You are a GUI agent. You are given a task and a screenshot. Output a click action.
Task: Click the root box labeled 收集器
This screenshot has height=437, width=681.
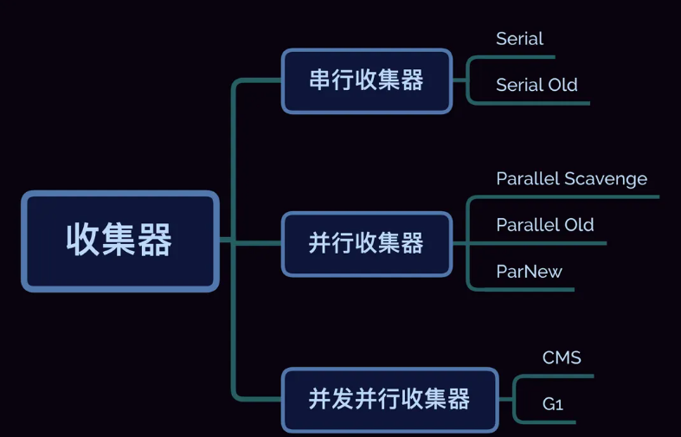click(119, 241)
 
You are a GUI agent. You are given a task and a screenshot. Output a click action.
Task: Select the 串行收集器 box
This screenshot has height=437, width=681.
click(366, 80)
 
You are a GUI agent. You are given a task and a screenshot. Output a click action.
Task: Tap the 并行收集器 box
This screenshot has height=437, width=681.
click(366, 243)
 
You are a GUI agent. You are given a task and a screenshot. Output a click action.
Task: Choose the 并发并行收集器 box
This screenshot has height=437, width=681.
click(389, 399)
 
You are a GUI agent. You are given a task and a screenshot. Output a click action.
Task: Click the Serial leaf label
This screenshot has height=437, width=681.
click(519, 39)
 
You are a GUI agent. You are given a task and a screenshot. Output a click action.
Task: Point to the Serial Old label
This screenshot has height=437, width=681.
click(536, 85)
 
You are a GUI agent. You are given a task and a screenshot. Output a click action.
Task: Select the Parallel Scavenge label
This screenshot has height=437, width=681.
click(571, 179)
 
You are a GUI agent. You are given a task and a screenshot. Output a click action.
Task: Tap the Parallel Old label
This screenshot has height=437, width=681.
click(545, 225)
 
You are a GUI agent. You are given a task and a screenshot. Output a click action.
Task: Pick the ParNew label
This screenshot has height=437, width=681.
click(529, 272)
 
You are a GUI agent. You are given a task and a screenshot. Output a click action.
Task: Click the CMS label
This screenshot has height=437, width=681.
click(562, 358)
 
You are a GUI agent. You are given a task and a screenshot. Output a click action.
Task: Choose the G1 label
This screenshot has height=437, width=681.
click(553, 404)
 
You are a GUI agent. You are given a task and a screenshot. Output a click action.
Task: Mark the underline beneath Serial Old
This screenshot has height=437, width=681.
click(536, 103)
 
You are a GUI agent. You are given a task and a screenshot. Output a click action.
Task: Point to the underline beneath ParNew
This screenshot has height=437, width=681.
click(529, 289)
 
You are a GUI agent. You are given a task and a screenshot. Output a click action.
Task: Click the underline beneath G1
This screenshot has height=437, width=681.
click(549, 422)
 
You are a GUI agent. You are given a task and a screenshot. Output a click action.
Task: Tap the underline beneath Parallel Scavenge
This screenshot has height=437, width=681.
click(571, 197)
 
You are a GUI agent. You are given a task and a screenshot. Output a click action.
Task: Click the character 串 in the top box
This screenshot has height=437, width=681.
click(318, 80)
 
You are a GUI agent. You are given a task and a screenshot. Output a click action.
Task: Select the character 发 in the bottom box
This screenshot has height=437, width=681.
click(344, 399)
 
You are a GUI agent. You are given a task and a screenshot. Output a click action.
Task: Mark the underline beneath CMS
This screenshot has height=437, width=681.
click(558, 376)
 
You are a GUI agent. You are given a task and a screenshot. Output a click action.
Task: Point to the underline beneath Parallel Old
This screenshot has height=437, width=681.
click(545, 243)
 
